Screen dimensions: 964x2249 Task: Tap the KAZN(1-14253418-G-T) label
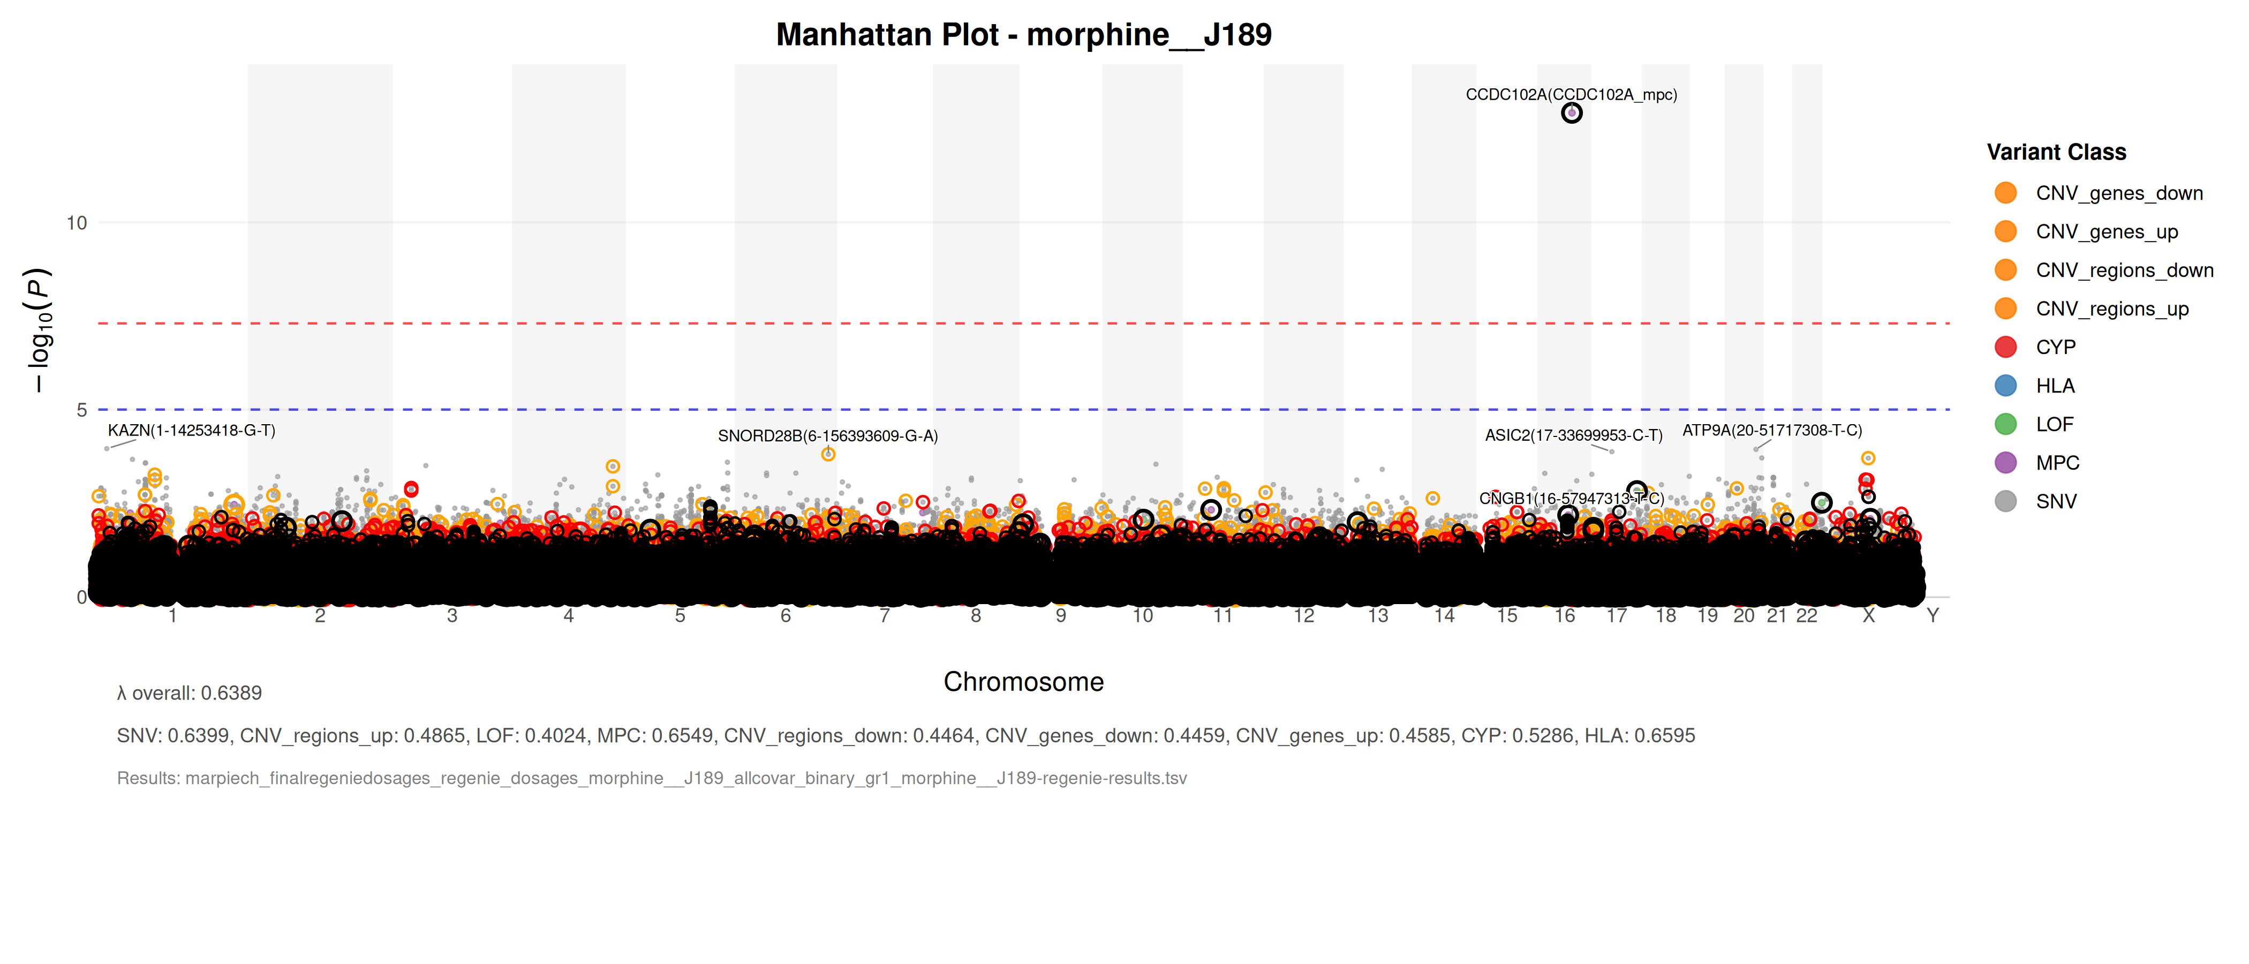(191, 431)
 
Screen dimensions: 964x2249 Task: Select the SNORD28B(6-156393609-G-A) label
(828, 436)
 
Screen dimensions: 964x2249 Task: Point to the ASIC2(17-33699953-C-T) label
(1573, 435)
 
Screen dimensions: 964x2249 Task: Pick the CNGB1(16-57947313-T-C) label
(1571, 499)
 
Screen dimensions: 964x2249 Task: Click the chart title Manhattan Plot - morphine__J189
(1023, 35)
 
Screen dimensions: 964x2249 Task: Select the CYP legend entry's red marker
(2005, 348)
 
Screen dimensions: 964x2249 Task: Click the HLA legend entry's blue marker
(2005, 386)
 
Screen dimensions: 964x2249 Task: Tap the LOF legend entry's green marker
(2005, 424)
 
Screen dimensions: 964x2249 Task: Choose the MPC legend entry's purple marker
(2005, 463)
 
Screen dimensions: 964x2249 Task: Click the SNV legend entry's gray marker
(2005, 501)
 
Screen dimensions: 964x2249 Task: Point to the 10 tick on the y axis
(77, 223)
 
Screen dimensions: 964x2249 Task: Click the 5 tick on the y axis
(81, 410)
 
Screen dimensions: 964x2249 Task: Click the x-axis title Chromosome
(1023, 682)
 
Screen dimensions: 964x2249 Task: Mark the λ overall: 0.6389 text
(190, 694)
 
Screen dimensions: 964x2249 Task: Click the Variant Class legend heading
(2056, 152)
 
